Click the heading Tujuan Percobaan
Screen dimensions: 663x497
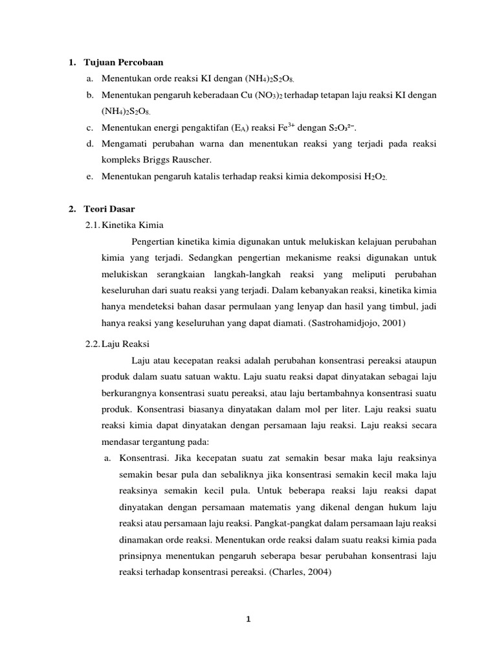(124, 63)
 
